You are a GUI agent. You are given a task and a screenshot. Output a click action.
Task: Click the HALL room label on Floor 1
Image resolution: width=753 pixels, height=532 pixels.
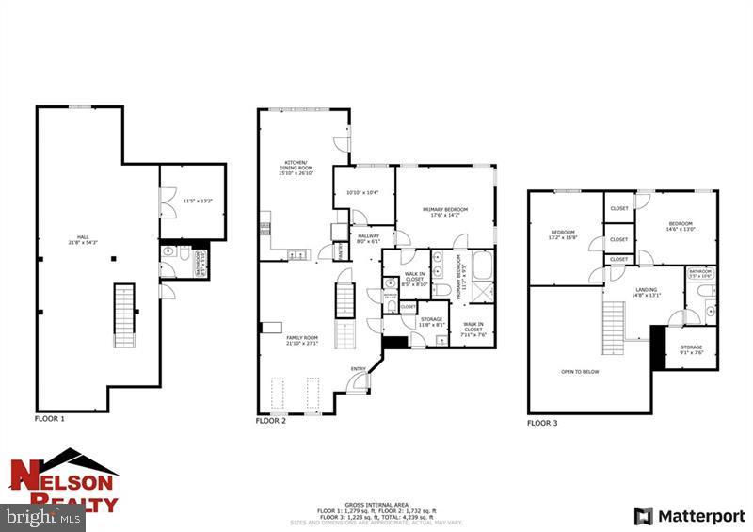[x=79, y=240]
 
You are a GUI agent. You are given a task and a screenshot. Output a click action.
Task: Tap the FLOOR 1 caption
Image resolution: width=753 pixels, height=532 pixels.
[x=49, y=418]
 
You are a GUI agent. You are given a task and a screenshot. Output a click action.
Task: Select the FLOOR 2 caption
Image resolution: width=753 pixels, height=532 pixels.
[x=270, y=421]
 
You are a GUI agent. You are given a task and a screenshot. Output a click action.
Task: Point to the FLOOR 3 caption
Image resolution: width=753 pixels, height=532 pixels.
[x=542, y=424]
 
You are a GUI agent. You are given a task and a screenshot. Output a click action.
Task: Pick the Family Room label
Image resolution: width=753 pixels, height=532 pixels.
[x=303, y=340]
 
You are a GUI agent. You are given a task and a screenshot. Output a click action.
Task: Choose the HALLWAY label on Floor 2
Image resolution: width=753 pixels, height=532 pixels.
[x=367, y=238]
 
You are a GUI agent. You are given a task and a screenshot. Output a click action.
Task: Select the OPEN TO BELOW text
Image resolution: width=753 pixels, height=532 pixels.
[x=580, y=372]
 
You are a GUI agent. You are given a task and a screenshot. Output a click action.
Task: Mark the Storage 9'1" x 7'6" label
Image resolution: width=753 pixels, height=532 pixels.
[x=691, y=350]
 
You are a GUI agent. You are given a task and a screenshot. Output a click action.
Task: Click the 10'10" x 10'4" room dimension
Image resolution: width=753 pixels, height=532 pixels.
[x=362, y=193]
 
